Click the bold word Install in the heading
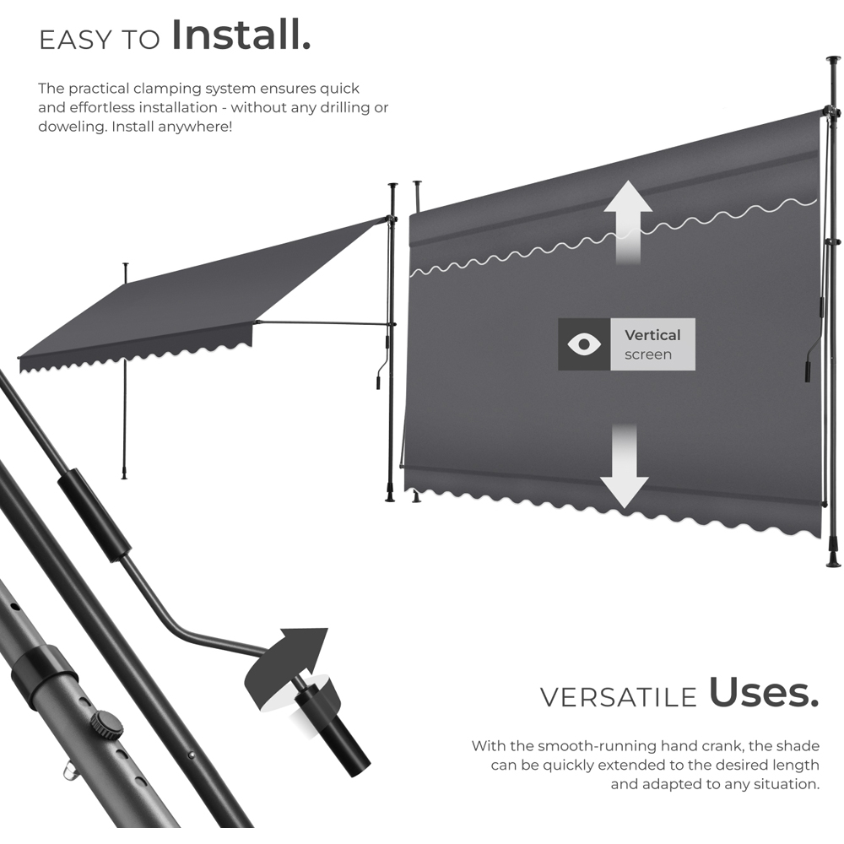click(x=241, y=35)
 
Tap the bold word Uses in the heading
click(x=763, y=692)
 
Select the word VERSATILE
click(x=619, y=698)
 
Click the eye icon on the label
click(x=584, y=344)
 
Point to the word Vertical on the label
click(x=652, y=335)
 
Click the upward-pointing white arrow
click(x=628, y=222)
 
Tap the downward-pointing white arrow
click(x=625, y=466)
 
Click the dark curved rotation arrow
click(x=285, y=668)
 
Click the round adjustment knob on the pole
click(x=106, y=725)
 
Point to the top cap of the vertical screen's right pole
click(x=834, y=58)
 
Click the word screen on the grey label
click(x=648, y=354)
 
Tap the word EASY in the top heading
click(x=75, y=41)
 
